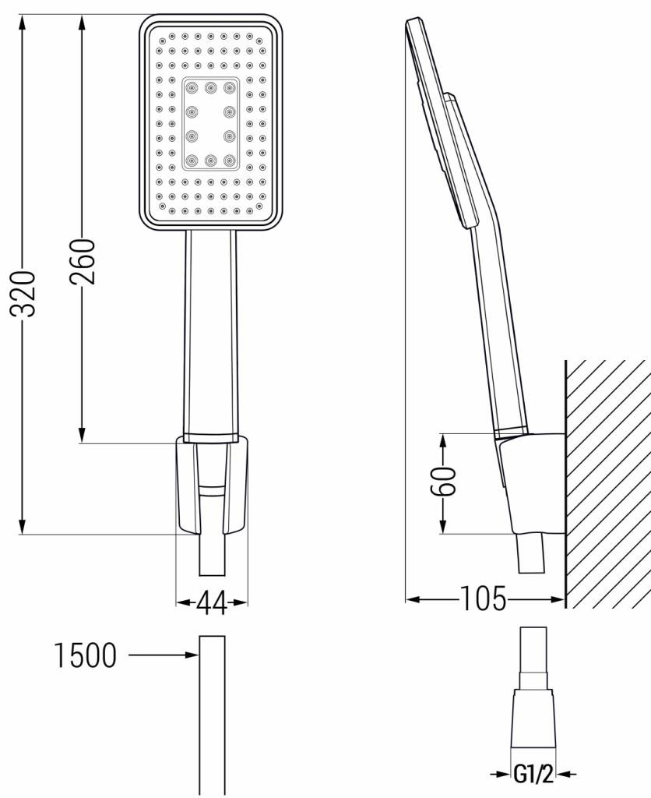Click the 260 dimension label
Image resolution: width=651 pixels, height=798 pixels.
click(85, 263)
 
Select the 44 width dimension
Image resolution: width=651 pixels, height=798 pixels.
click(211, 602)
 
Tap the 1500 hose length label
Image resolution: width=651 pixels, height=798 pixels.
click(85, 655)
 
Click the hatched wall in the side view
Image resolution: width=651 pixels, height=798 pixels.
click(607, 483)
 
